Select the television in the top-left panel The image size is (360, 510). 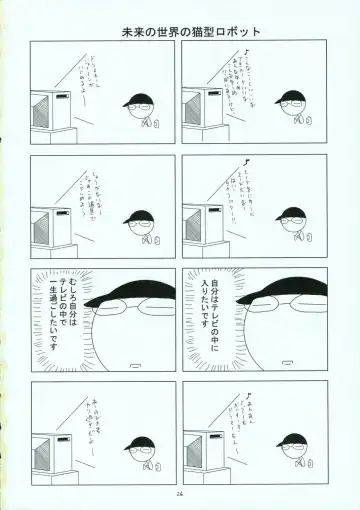[49, 109]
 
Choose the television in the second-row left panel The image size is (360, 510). [49, 226]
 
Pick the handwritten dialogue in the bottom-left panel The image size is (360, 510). [101, 400]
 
